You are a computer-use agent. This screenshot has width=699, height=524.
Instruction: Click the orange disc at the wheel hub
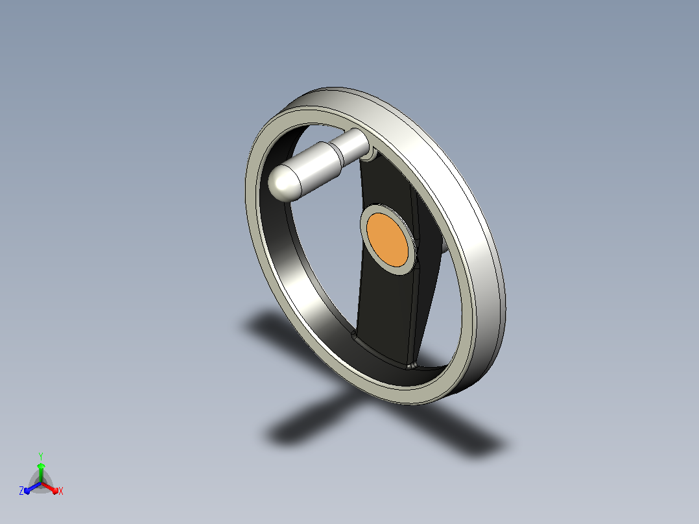pos(387,240)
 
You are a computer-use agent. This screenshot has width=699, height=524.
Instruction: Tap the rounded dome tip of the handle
pos(279,182)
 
